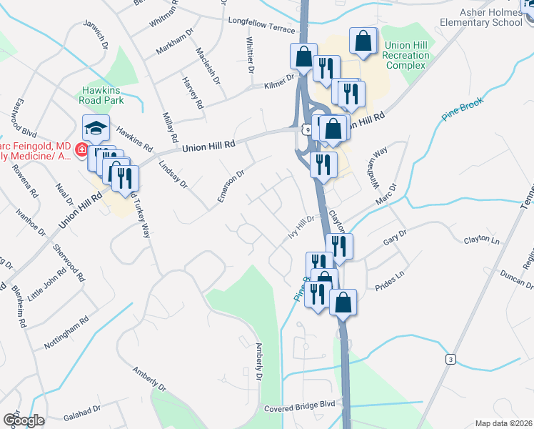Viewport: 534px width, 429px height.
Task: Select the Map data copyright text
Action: click(x=503, y=423)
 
